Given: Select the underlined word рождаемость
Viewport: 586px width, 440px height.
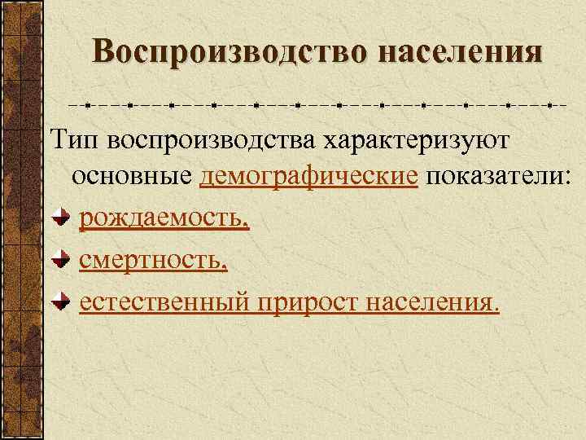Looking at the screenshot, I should click(x=161, y=219).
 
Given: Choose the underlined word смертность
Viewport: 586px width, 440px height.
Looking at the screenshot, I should click(x=151, y=261).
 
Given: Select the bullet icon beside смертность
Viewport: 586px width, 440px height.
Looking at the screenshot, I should click(x=61, y=262).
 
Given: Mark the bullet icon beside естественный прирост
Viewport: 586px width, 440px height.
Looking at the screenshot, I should click(x=61, y=303).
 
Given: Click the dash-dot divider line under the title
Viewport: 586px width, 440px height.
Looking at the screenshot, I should click(x=317, y=105).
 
